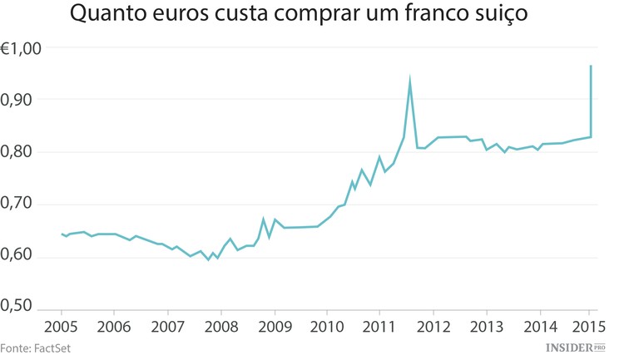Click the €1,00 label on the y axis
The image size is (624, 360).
click(21, 49)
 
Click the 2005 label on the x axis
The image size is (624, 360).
click(62, 324)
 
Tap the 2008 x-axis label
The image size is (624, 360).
click(220, 324)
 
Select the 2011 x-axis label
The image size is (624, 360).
click(379, 324)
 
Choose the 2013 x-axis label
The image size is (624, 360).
click(486, 324)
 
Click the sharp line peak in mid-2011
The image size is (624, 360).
click(410, 81)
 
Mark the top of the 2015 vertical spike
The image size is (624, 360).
click(591, 66)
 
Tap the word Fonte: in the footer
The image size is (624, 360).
click(15, 348)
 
